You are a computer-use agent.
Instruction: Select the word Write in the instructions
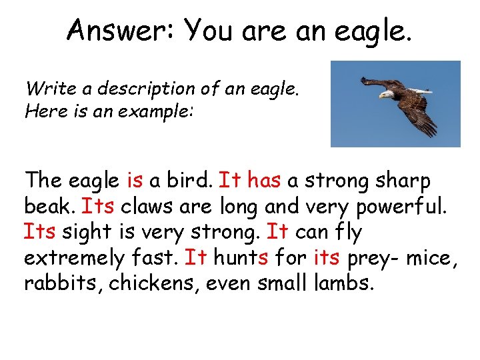tap(46, 88)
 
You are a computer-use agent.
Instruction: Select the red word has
tap(265, 180)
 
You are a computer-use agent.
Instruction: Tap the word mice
tap(429, 257)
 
